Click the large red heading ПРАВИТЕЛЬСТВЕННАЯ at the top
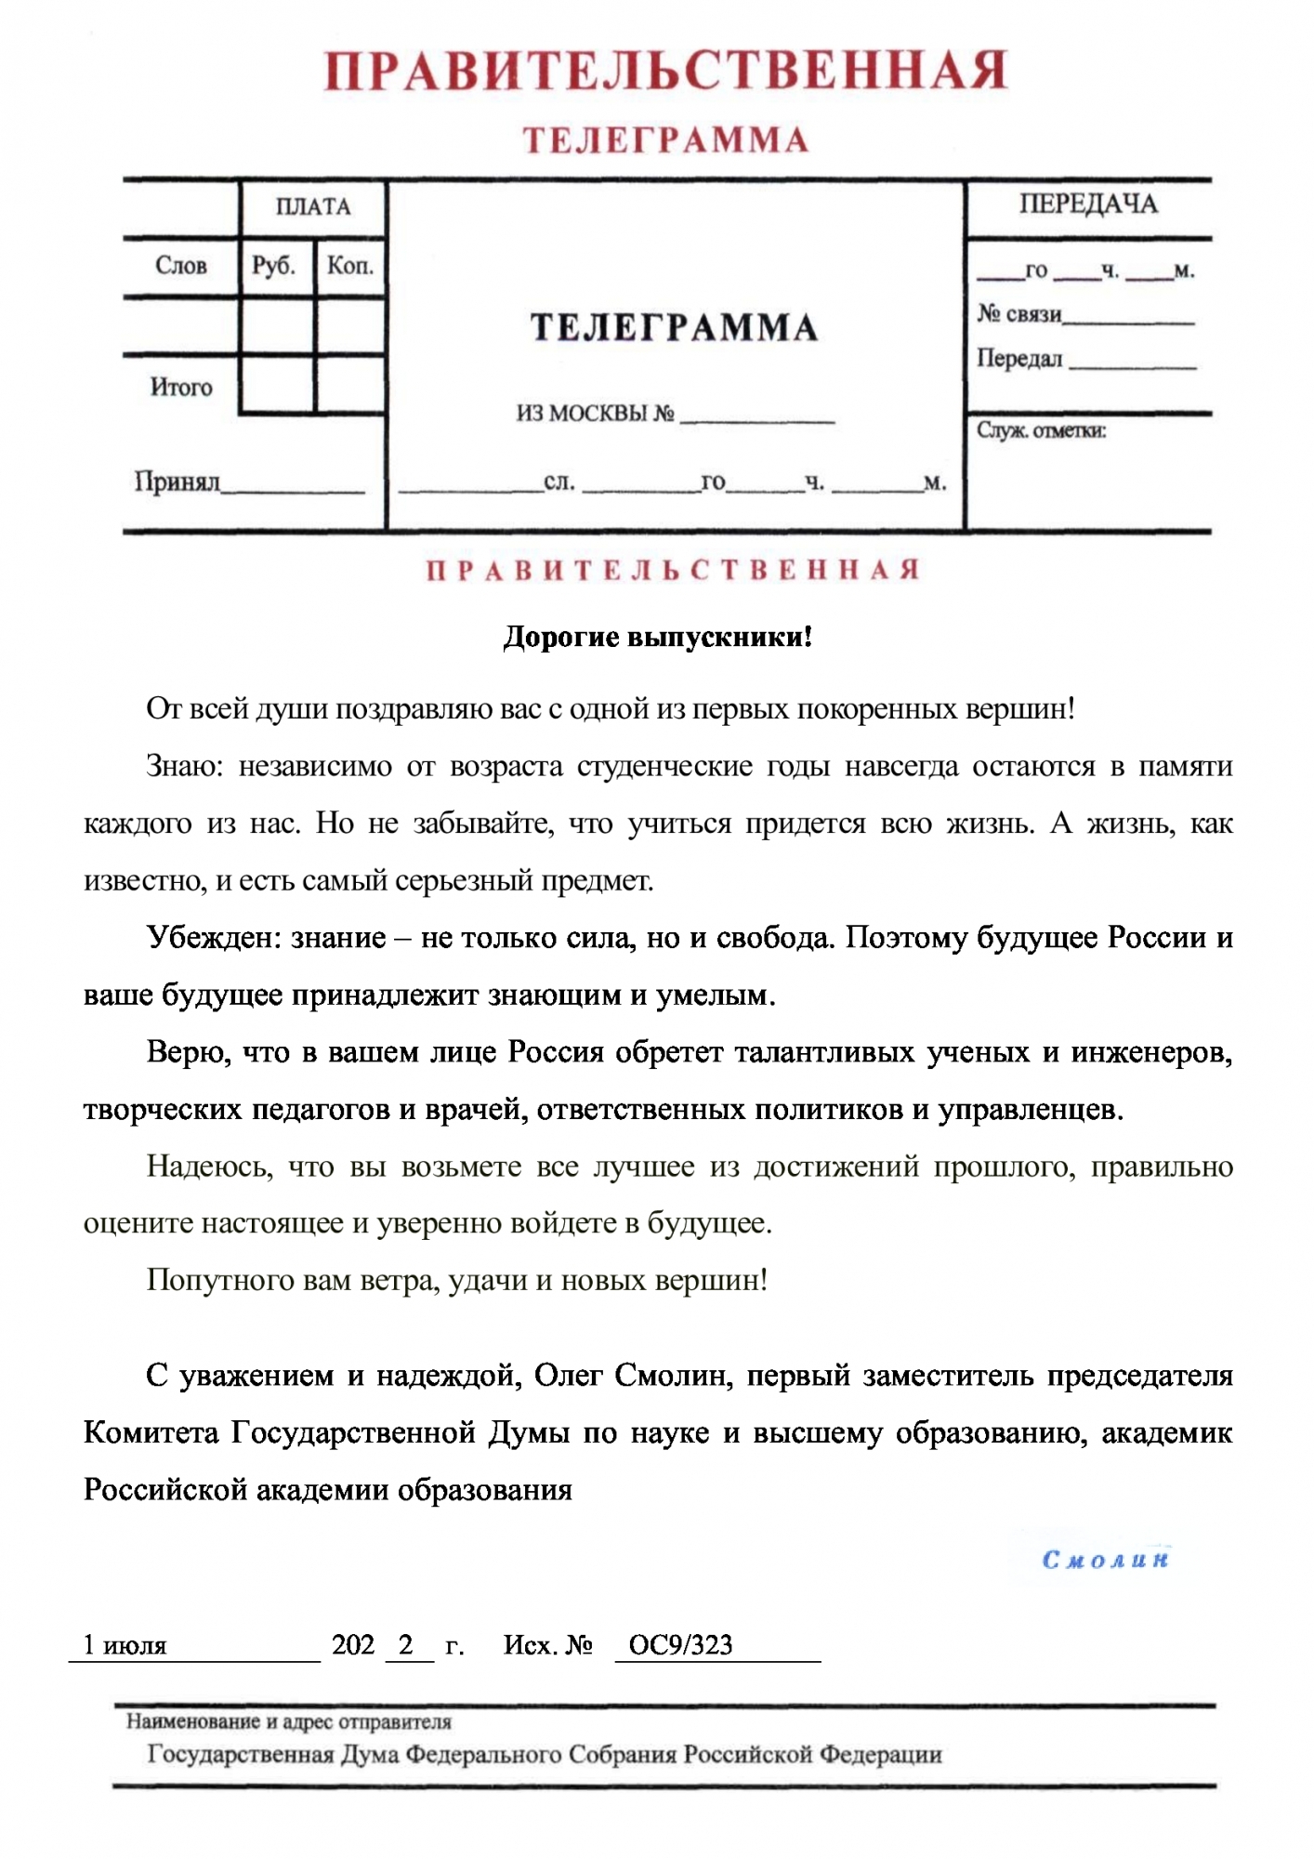(x=665, y=71)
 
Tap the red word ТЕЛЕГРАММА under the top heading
(x=665, y=140)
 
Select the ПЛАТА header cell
(x=313, y=206)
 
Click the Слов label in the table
(x=181, y=266)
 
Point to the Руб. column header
(x=274, y=266)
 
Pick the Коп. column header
(x=350, y=266)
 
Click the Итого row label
(x=181, y=387)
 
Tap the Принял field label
(x=177, y=481)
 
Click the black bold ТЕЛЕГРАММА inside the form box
(x=674, y=328)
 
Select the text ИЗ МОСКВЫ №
(x=596, y=414)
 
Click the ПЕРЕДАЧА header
(x=1088, y=204)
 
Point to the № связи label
(x=1019, y=314)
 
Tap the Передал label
(x=1019, y=359)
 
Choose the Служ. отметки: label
(x=1041, y=430)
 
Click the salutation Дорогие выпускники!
(x=657, y=638)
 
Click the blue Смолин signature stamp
(x=1105, y=1560)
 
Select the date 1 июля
(x=125, y=1645)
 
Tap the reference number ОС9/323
(x=680, y=1645)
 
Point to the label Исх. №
(x=547, y=1645)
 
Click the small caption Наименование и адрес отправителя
(x=289, y=1721)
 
